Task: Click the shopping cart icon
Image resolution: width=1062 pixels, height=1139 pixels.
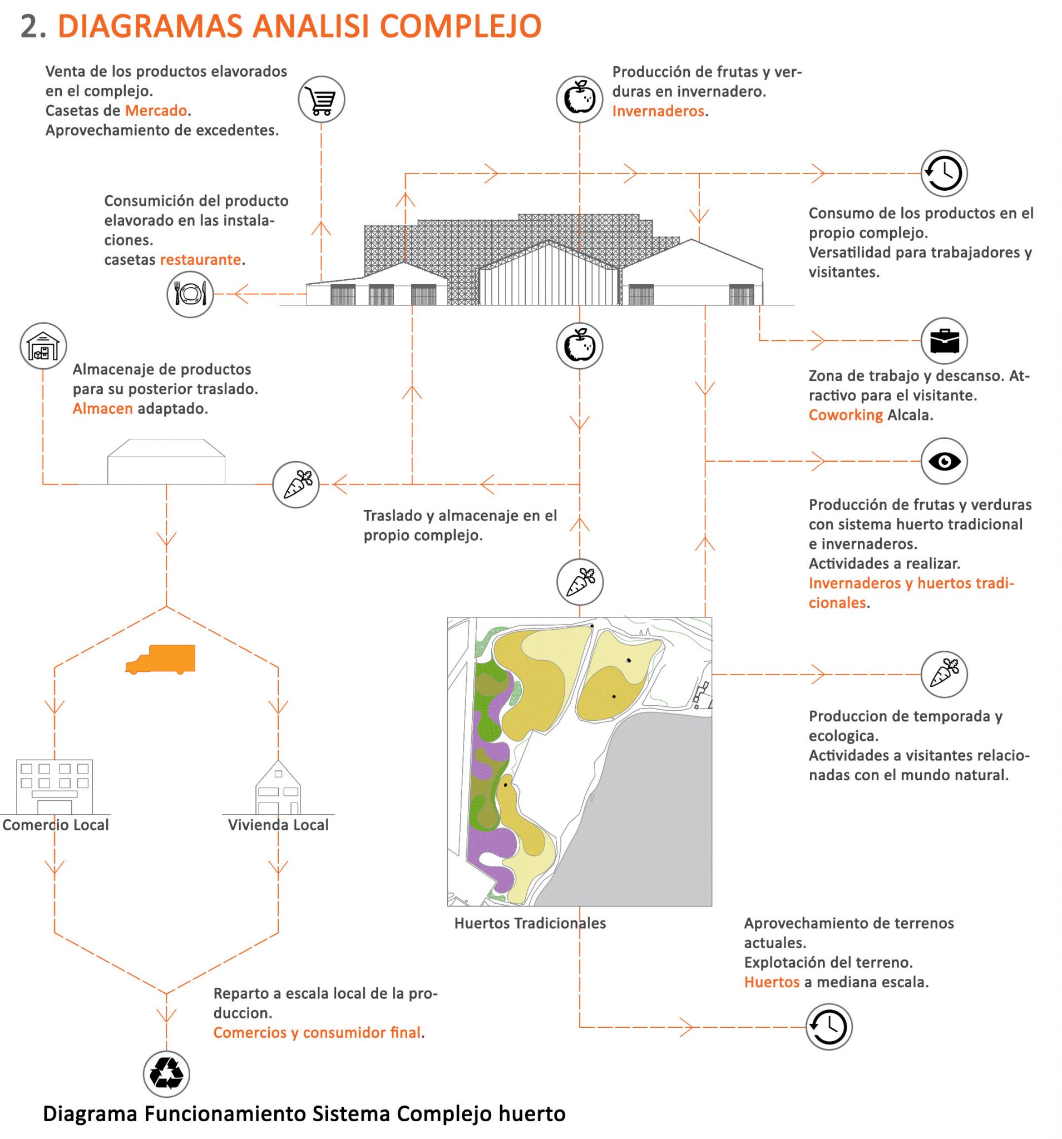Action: [321, 99]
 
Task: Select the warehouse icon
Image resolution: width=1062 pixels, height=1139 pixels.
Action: [43, 346]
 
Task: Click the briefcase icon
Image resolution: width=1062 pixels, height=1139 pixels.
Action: [944, 341]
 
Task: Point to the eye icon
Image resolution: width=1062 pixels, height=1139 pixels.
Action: [944, 461]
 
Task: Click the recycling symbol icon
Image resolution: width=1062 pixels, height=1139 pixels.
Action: [166, 1074]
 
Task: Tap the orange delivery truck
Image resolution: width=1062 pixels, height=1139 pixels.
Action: [161, 660]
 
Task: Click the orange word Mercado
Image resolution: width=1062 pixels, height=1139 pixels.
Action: [156, 111]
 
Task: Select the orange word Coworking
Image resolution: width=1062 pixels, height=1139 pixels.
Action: [846, 415]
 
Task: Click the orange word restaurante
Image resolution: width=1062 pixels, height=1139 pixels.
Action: [200, 260]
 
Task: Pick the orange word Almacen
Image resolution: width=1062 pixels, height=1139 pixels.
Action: [102, 409]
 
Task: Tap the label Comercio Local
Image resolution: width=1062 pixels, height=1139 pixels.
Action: [56, 824]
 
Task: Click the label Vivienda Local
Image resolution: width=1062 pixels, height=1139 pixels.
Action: [278, 824]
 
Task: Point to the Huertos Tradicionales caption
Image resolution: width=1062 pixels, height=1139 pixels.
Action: [530, 923]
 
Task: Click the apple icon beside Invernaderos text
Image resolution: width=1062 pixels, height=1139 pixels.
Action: [580, 99]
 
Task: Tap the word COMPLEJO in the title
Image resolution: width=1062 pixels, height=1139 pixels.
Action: [460, 26]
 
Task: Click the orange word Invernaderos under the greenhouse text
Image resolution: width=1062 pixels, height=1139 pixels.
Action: [658, 111]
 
